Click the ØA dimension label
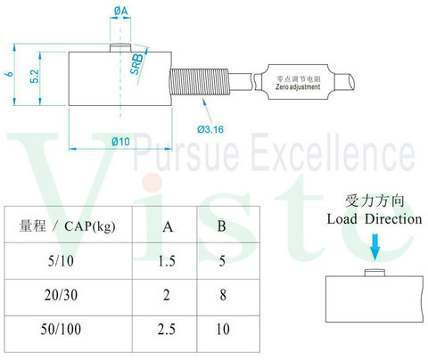click(x=120, y=11)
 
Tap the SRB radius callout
click(x=137, y=64)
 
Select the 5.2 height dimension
click(x=34, y=77)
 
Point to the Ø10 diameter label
click(x=120, y=142)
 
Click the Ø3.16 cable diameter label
click(x=210, y=129)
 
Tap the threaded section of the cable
click(x=199, y=82)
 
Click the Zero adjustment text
click(x=298, y=87)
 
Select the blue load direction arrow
click(x=375, y=247)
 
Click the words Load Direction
click(x=374, y=219)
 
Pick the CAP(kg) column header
click(x=90, y=226)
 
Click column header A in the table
click(x=168, y=227)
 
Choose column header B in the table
click(x=222, y=226)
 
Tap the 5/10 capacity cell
click(x=61, y=261)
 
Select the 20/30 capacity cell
click(x=61, y=295)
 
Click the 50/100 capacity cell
click(x=61, y=330)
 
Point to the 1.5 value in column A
click(x=167, y=261)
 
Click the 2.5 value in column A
click(x=167, y=330)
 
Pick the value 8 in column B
click(x=223, y=295)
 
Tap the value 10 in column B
click(x=223, y=330)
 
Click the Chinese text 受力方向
click(x=374, y=201)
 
